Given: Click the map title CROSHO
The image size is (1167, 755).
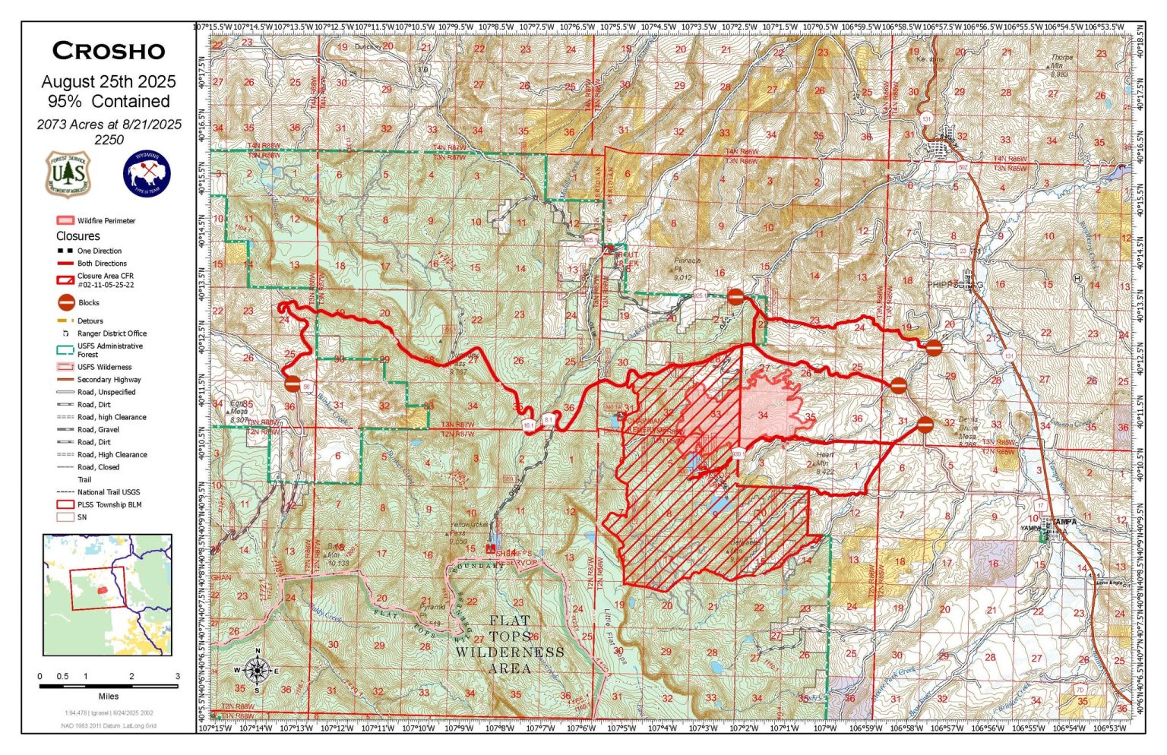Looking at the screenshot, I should (x=109, y=51).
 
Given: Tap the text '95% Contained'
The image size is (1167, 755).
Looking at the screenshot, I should (x=109, y=101).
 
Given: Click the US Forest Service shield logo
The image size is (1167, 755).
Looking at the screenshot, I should (x=68, y=173).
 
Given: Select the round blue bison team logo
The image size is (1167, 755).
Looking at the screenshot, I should (x=147, y=173).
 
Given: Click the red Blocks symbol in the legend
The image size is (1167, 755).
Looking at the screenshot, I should (x=66, y=302).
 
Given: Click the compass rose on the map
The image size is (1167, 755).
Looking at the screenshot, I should (x=258, y=670).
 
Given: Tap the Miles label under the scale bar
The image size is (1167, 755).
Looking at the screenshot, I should (x=109, y=696).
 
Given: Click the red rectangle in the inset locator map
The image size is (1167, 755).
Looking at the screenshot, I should (x=97, y=589).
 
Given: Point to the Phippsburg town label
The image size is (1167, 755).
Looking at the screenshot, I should (x=955, y=285).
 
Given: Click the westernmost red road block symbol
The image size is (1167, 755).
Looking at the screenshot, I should (x=293, y=384).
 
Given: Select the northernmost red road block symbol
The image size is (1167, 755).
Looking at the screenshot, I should (x=735, y=296).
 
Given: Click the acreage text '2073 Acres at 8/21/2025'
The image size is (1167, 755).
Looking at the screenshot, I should (x=109, y=125).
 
